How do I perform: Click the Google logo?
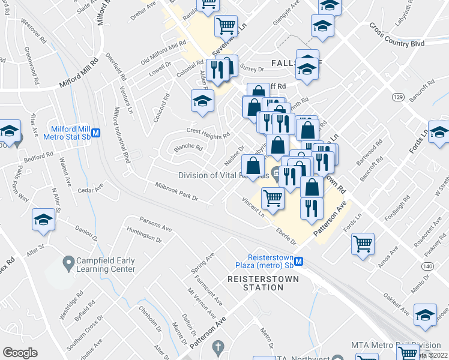[x=20, y=353]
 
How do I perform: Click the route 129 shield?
[x=397, y=97]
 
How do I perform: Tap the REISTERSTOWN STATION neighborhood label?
[x=255, y=283]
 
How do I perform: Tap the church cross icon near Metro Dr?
[x=217, y=347]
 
